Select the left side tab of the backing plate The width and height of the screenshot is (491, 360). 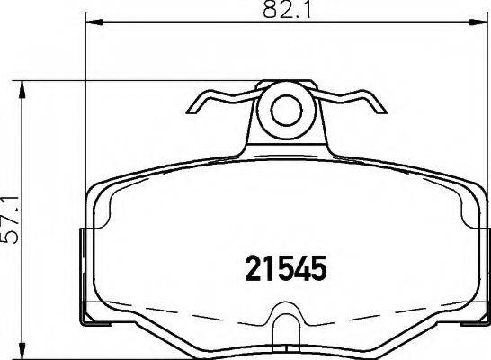pos(86,270)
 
